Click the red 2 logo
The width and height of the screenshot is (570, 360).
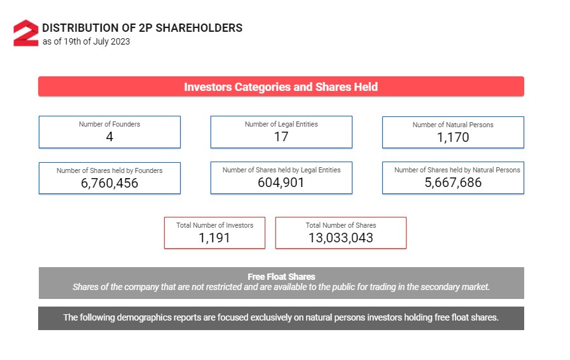pyautogui.click(x=26, y=33)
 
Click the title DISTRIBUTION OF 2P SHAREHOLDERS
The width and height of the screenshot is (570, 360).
pyautogui.click(x=142, y=28)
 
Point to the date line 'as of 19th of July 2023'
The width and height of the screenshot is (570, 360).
pyautogui.click(x=87, y=42)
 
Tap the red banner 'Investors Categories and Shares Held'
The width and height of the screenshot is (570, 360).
pyautogui.click(x=281, y=87)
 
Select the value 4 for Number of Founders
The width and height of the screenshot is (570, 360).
pyautogui.click(x=109, y=137)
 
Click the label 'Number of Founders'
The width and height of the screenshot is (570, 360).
pyautogui.click(x=109, y=124)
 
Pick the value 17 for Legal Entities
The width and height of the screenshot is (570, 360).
pyautogui.click(x=281, y=137)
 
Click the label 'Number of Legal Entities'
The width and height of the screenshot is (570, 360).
pyautogui.click(x=281, y=124)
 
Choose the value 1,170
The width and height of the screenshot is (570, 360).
pyautogui.click(x=453, y=137)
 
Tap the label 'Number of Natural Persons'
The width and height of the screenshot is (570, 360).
pyautogui.click(x=453, y=125)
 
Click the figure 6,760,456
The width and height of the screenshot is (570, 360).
pyautogui.click(x=109, y=183)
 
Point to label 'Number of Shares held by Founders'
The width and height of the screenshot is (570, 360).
pyautogui.click(x=109, y=170)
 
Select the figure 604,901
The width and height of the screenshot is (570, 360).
pyautogui.click(x=281, y=183)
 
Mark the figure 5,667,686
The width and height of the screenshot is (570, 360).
pyautogui.click(x=453, y=183)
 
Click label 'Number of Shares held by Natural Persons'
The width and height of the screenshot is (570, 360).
pyautogui.click(x=457, y=170)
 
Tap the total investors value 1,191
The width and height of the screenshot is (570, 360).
pyautogui.click(x=214, y=238)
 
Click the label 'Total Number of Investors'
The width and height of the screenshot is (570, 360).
pyautogui.click(x=214, y=225)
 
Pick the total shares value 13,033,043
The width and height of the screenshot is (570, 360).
pyautogui.click(x=340, y=238)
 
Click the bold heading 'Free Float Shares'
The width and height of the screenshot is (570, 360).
pyautogui.click(x=281, y=277)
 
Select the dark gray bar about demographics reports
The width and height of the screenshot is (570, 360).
pyautogui.click(x=281, y=318)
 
